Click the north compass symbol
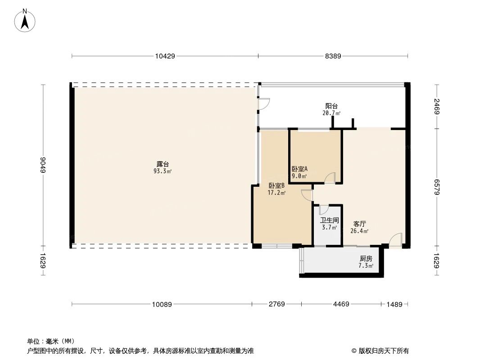coord(25,20)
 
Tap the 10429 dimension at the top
coord(165,56)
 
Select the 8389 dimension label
coord(333,56)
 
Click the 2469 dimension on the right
coord(436,106)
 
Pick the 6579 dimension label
coord(436,187)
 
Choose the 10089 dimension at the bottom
coord(162,305)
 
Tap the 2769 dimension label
coord(277,305)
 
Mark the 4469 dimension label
coord(341,305)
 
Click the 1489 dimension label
coord(394,305)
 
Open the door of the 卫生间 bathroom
coord(324,210)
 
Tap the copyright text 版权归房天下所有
coord(380,351)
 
